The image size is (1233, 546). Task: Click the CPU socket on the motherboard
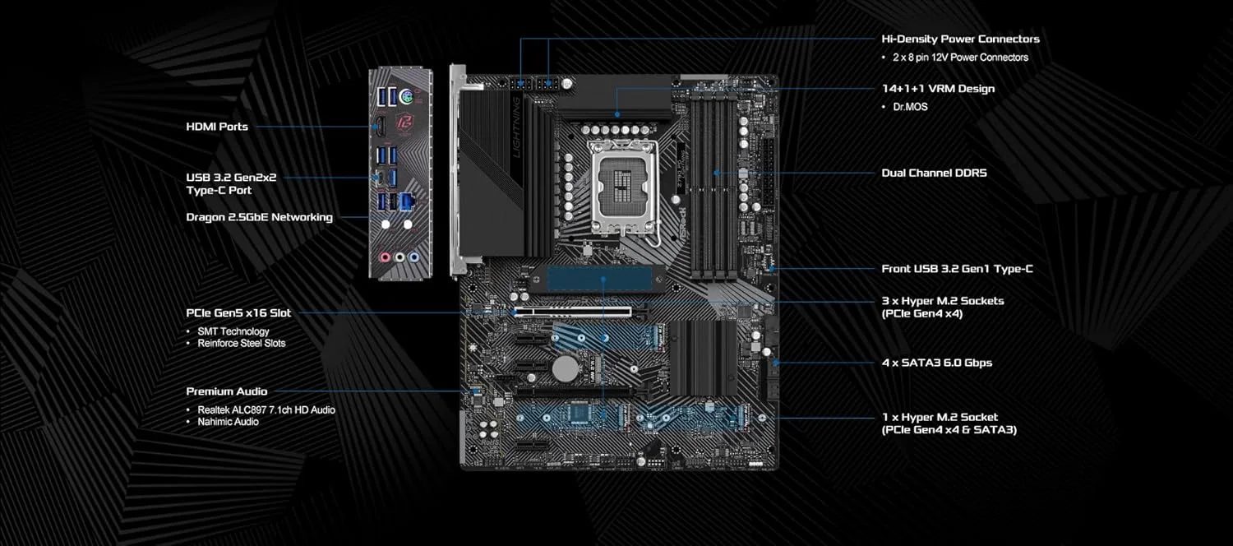click(625, 188)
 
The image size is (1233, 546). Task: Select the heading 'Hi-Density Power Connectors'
click(960, 39)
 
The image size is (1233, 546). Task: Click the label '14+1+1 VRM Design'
click(938, 89)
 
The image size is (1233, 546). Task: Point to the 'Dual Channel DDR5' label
click(934, 174)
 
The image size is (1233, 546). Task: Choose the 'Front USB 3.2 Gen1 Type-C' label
click(957, 269)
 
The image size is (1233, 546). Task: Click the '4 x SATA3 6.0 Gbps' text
click(936, 363)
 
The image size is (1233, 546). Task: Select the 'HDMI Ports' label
click(217, 127)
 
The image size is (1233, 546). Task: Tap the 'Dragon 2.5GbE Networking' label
click(260, 217)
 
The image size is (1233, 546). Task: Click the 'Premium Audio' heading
click(227, 391)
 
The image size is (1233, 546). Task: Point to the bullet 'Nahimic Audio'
click(228, 422)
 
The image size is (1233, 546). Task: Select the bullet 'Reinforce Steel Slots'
click(242, 343)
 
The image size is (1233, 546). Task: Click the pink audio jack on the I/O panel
click(383, 257)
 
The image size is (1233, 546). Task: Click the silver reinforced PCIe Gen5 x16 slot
click(573, 312)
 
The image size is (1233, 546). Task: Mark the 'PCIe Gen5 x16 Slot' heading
click(238, 312)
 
